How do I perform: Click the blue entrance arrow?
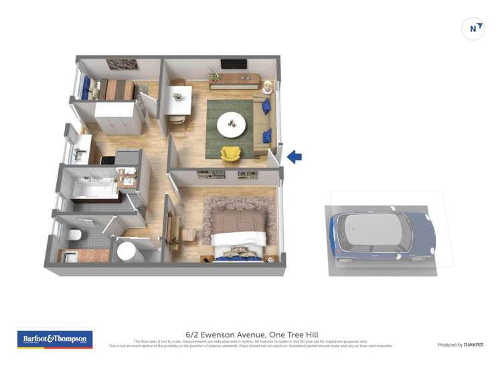[x=295, y=157]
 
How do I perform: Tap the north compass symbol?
[x=473, y=29]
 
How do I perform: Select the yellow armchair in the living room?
[x=230, y=154]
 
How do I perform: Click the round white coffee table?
[x=232, y=120]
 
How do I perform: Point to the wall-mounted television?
[x=234, y=64]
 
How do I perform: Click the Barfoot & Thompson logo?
[x=55, y=339]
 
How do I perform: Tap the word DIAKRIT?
[x=473, y=345]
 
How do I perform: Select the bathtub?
[x=94, y=189]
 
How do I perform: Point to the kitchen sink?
[x=80, y=154]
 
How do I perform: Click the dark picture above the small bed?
[x=122, y=65]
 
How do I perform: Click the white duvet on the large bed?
[x=238, y=239]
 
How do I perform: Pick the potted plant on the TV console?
[x=214, y=75]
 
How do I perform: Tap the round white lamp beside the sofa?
[x=268, y=87]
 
